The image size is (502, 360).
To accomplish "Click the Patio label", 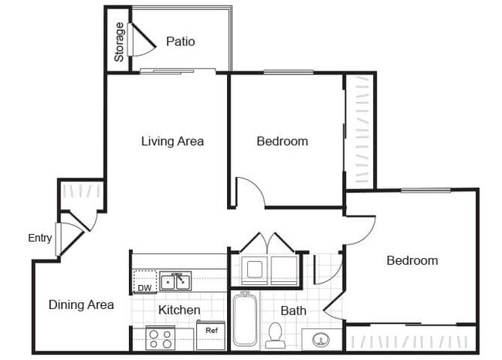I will [x=181, y=41].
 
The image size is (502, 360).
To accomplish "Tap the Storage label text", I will [x=119, y=42].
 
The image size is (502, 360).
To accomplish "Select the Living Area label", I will [x=172, y=141].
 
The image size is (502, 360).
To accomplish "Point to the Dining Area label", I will [x=81, y=304].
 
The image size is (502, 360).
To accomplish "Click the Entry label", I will [x=39, y=238].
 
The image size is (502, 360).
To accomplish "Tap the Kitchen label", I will [x=179, y=310].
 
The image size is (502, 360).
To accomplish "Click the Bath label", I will [x=293, y=311].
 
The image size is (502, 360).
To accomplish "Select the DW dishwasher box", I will [x=144, y=283].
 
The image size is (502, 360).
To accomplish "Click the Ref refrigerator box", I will [x=211, y=334].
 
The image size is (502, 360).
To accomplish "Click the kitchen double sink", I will [x=176, y=281].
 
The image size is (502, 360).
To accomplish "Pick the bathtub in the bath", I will [x=246, y=319].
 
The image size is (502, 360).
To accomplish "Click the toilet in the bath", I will [x=274, y=333].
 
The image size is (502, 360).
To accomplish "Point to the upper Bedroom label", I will [x=282, y=141].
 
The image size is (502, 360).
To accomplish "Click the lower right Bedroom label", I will [x=412, y=260].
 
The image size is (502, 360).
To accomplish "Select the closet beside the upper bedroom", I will [x=360, y=131].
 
